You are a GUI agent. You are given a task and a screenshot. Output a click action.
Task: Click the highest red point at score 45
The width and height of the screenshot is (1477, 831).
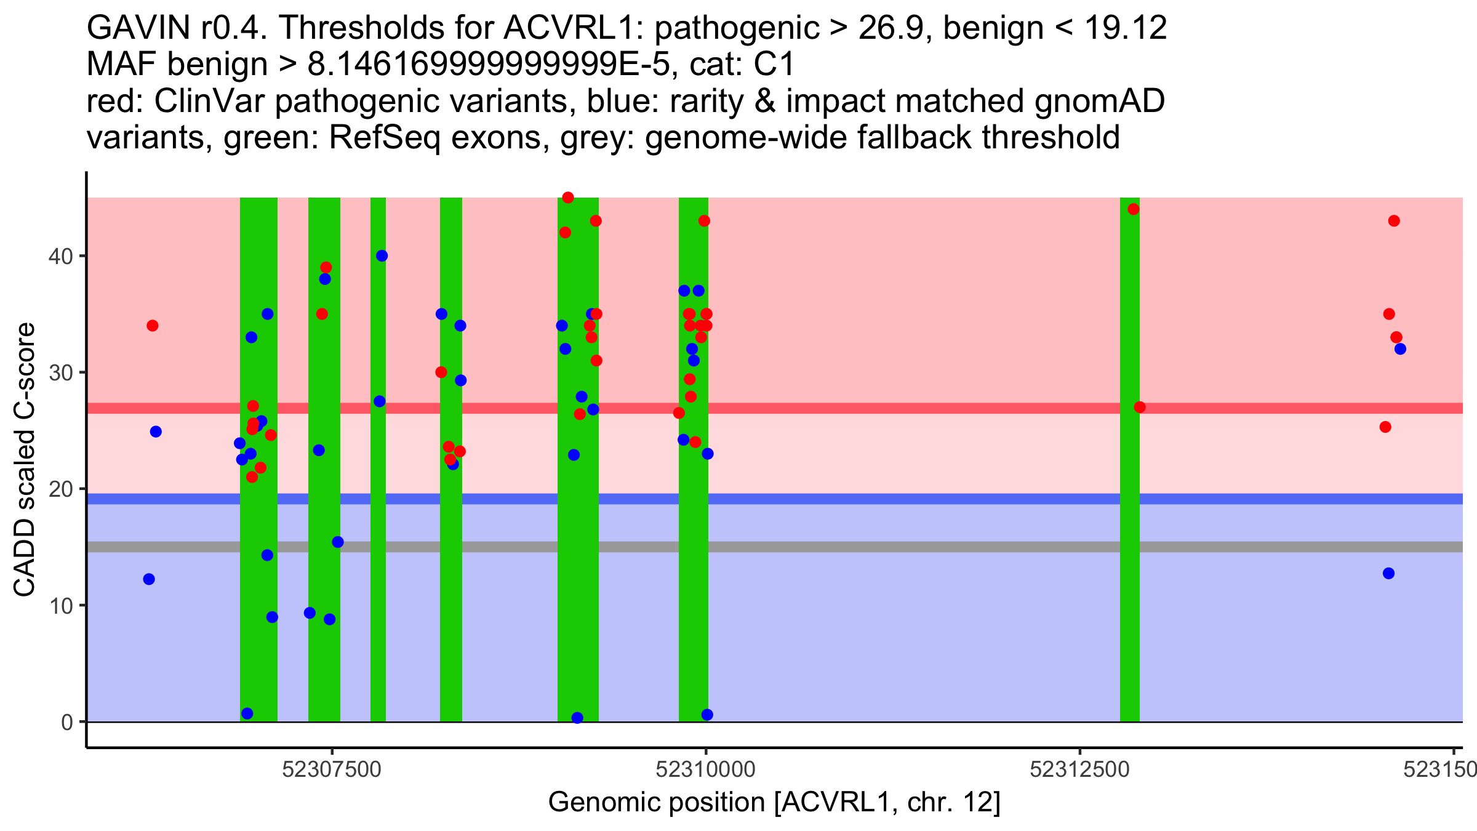pyautogui.click(x=568, y=198)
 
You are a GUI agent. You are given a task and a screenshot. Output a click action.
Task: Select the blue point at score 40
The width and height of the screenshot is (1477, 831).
pyautogui.click(x=382, y=256)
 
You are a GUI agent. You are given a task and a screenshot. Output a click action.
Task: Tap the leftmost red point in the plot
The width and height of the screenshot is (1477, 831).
pyautogui.click(x=153, y=326)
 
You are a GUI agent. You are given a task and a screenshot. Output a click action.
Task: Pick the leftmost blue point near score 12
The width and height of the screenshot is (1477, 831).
pyautogui.click(x=149, y=579)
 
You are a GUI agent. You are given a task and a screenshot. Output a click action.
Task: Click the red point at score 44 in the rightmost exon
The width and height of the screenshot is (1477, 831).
pyautogui.click(x=1134, y=209)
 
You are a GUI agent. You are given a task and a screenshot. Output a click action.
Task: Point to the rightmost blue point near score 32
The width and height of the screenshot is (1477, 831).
pyautogui.click(x=1400, y=349)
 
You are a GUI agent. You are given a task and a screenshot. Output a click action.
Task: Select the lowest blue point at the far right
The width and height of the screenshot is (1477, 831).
pyautogui.click(x=1388, y=574)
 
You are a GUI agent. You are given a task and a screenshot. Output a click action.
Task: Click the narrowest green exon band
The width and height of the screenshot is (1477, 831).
pyautogui.click(x=378, y=460)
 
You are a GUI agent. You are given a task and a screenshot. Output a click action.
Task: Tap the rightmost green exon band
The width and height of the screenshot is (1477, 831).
pyautogui.click(x=1130, y=460)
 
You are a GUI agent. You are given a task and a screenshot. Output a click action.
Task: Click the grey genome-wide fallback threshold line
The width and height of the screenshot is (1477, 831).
pyautogui.click(x=775, y=547)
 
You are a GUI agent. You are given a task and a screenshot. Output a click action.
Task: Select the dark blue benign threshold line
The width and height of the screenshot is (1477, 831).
pyautogui.click(x=775, y=499)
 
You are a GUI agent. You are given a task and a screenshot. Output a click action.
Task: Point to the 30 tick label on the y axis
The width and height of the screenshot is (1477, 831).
pyautogui.click(x=60, y=372)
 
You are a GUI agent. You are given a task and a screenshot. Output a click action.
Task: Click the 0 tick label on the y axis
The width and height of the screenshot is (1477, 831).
pyautogui.click(x=67, y=722)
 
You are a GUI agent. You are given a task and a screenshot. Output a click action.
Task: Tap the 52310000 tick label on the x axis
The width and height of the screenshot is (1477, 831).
pyautogui.click(x=705, y=769)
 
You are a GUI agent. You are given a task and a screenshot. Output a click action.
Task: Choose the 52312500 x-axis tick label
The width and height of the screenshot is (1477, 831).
pyautogui.click(x=1079, y=769)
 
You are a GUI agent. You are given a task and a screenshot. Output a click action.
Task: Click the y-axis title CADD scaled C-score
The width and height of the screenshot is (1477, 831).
pyautogui.click(x=25, y=460)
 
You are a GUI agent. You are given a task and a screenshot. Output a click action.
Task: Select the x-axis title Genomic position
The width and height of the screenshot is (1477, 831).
pyautogui.click(x=775, y=803)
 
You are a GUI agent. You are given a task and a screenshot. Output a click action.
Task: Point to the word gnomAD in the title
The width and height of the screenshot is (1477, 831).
pyautogui.click(x=1099, y=101)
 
